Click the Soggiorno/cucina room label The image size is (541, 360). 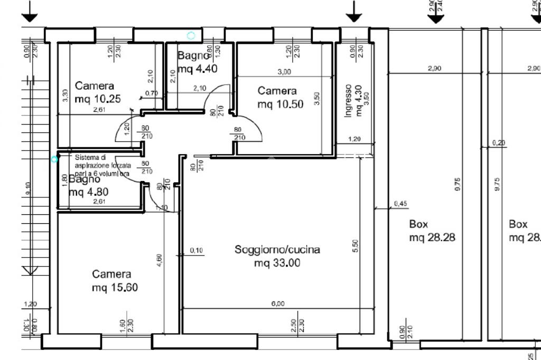pyautogui.click(x=277, y=250)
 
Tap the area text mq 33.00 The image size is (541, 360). pyautogui.click(x=277, y=262)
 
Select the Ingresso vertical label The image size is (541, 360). pyautogui.click(x=348, y=101)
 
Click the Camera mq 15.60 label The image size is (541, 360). pyautogui.click(x=111, y=281)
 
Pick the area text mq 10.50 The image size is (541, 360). pyautogui.click(x=281, y=105)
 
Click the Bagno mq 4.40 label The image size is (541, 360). pyautogui.click(x=197, y=62)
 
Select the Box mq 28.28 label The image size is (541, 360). pyautogui.click(x=432, y=231)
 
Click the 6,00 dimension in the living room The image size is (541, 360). pyautogui.click(x=278, y=304)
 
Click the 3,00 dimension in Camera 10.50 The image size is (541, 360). pyautogui.click(x=284, y=72)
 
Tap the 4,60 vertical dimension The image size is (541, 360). pyautogui.click(x=160, y=261)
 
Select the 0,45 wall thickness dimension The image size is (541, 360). pyautogui.click(x=400, y=204)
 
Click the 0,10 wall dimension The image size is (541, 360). pyautogui.click(x=197, y=250)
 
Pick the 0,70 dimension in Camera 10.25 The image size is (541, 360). pyautogui.click(x=151, y=93)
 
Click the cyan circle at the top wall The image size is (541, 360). pyautogui.click(x=191, y=35)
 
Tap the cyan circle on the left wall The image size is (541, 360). pyautogui.click(x=54, y=159)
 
